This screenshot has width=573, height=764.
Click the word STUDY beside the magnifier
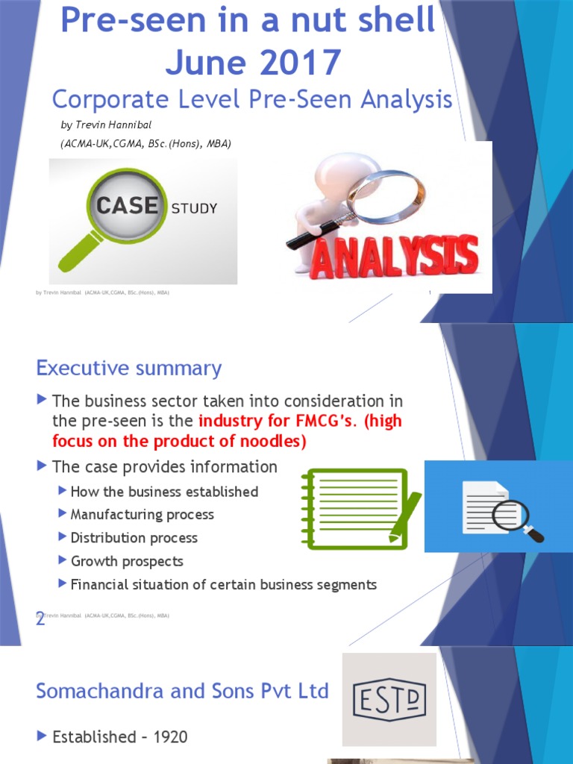(194, 208)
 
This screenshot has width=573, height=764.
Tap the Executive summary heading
(128, 369)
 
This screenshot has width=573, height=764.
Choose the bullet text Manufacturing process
(142, 514)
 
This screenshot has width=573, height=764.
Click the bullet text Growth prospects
(126, 561)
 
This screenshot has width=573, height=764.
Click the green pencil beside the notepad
(406, 516)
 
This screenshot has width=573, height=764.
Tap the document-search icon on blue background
(498, 507)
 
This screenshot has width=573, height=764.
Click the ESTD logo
(389, 701)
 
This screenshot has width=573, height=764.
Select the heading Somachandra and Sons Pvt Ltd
(182, 692)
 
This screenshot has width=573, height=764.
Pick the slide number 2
(40, 619)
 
